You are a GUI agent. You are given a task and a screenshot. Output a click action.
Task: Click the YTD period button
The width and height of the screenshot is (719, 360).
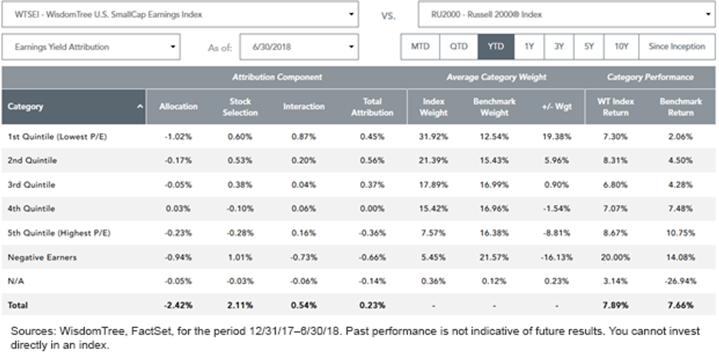pyautogui.click(x=496, y=47)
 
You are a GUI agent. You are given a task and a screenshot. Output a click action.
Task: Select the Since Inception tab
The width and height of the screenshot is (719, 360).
pyautogui.click(x=676, y=47)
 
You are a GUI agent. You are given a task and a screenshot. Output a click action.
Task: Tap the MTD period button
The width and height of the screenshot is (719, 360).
pyautogui.click(x=420, y=47)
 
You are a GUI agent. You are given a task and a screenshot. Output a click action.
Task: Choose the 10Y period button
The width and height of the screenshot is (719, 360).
pyautogui.click(x=621, y=47)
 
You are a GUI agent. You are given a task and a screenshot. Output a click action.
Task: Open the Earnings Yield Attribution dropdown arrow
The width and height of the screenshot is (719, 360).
pyautogui.click(x=173, y=47)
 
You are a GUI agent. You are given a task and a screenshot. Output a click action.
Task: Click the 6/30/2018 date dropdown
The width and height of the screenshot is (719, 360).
pyautogui.click(x=299, y=47)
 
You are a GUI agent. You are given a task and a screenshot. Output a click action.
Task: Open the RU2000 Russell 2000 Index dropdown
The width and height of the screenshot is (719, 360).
pyautogui.click(x=567, y=14)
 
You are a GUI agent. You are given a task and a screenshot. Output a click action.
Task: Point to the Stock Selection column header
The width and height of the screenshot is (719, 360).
pyautogui.click(x=240, y=107)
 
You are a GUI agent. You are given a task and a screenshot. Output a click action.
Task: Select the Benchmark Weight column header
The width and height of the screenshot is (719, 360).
pyautogui.click(x=494, y=107)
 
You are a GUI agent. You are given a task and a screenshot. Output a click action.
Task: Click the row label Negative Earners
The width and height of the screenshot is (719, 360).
pyautogui.click(x=42, y=258)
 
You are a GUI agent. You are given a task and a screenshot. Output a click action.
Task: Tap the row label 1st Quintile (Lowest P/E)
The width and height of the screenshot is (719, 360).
pyautogui.click(x=57, y=137)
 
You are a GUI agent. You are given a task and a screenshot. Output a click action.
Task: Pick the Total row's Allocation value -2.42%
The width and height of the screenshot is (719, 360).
pyautogui.click(x=178, y=305)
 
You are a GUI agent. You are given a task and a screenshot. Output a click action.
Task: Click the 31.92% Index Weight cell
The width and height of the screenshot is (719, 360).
pyautogui.click(x=433, y=137)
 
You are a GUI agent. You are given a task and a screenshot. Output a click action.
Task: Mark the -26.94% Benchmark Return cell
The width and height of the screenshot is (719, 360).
pyautogui.click(x=681, y=281)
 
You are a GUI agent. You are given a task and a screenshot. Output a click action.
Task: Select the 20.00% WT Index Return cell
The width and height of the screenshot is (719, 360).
pyautogui.click(x=615, y=258)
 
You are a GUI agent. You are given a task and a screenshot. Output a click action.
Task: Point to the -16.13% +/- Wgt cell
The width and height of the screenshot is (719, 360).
pyautogui.click(x=557, y=258)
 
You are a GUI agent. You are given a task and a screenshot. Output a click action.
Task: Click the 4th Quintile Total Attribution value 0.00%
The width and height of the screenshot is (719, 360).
pyautogui.click(x=372, y=208)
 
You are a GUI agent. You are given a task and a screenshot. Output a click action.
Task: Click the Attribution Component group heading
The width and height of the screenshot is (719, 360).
pyautogui.click(x=277, y=77)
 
